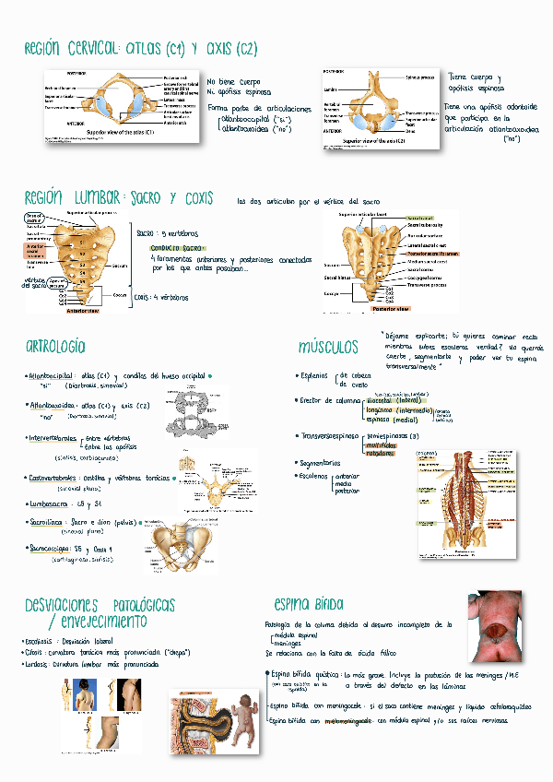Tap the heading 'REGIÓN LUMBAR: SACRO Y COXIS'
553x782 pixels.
point(119,198)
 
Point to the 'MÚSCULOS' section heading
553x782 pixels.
point(328,347)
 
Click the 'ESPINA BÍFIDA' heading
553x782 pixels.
point(309,604)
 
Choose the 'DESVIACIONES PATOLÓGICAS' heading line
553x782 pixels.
point(100,605)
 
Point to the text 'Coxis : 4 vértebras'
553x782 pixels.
point(162,298)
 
